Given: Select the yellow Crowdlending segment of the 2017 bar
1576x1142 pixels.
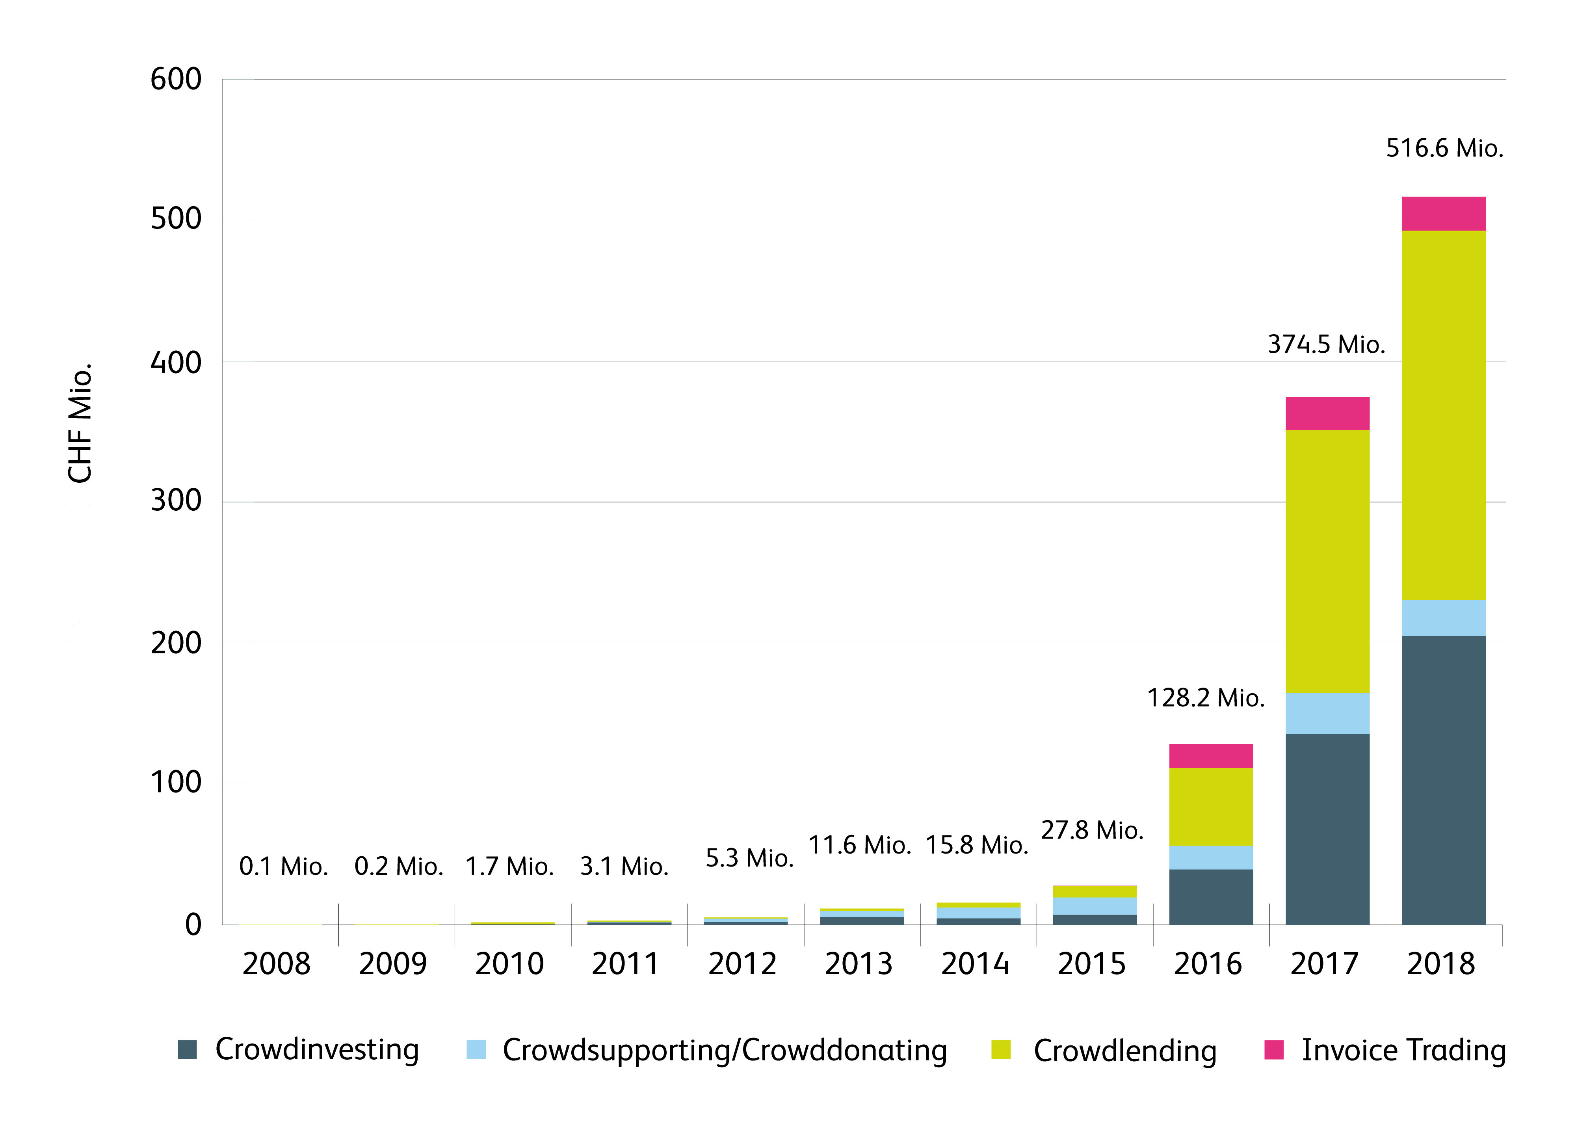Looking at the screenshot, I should coord(1327,562).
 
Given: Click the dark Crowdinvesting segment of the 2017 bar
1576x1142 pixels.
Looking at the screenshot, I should coord(1327,829).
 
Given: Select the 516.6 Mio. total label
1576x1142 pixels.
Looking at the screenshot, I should coord(1444,148).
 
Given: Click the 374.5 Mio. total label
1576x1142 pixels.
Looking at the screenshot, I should coord(1326,344).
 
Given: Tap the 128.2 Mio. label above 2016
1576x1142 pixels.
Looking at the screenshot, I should coord(1206,698).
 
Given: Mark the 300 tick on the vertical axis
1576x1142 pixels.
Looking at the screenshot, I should coord(176,500).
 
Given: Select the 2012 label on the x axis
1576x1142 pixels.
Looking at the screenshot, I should coord(742,964).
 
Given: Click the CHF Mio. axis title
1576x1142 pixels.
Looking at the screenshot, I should coord(80,422).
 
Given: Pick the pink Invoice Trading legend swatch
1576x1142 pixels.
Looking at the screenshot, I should coord(1274,1049).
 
